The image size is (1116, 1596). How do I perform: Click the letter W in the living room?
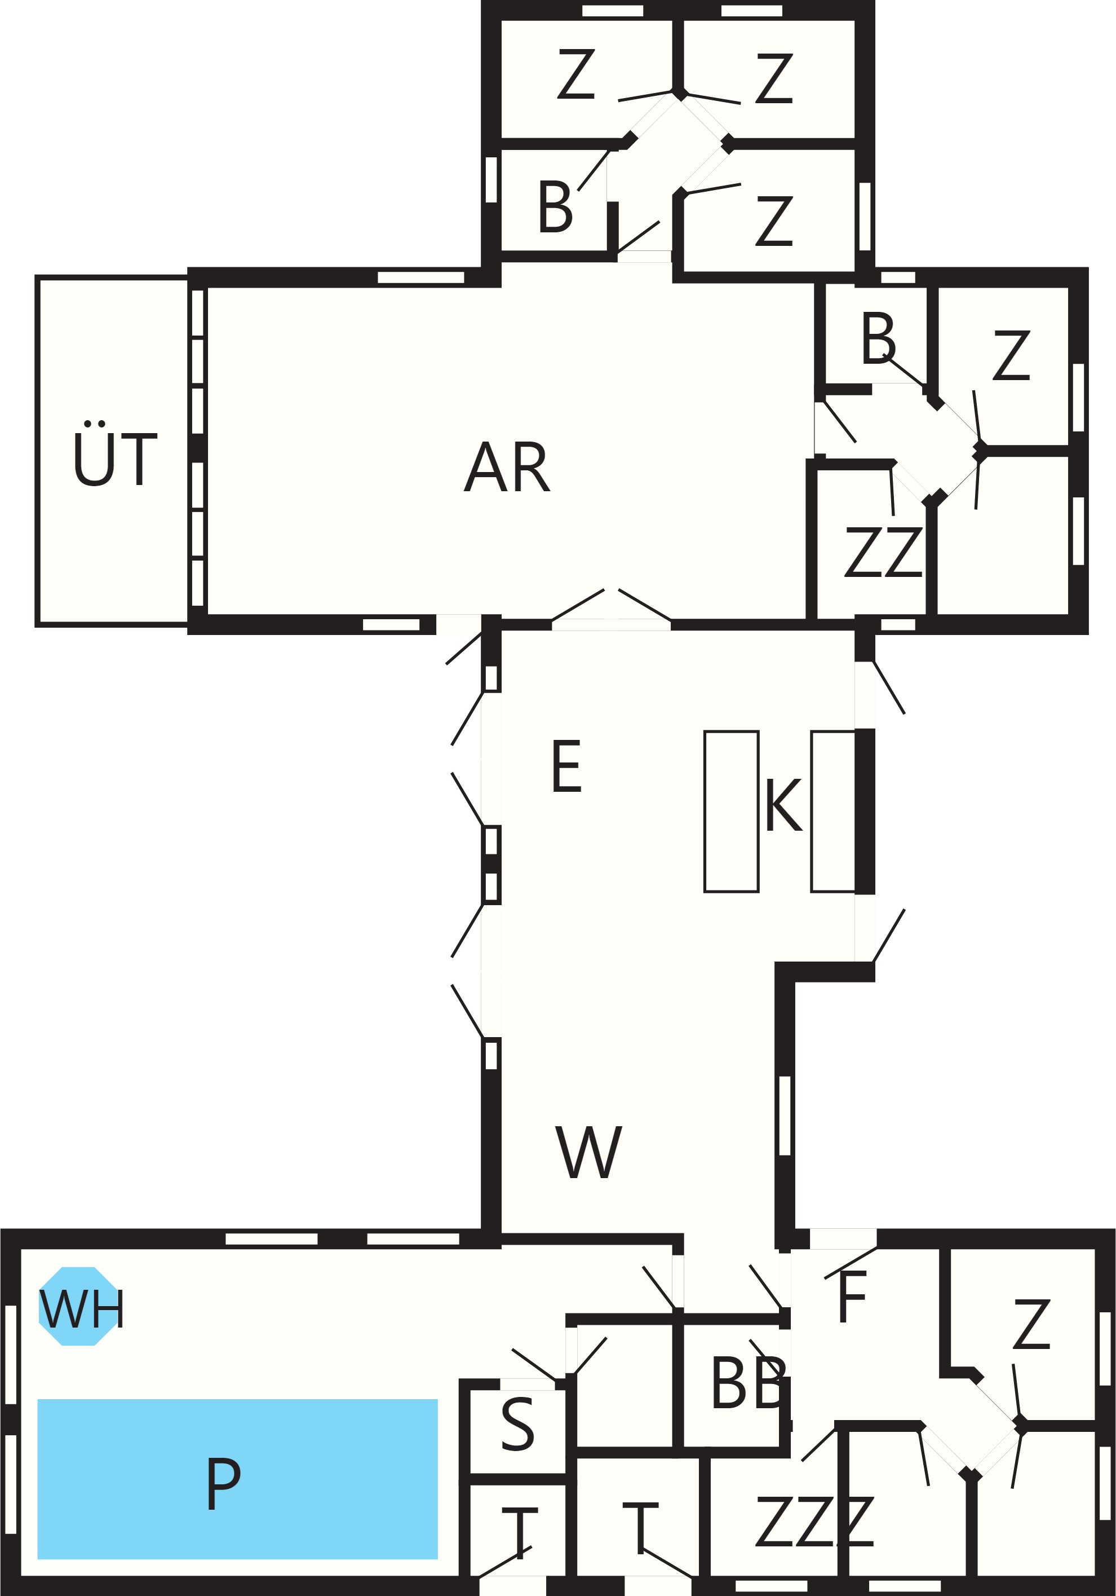tap(588, 1153)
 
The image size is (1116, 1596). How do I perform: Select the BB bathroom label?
tap(749, 1383)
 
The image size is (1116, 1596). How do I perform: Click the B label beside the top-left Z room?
tap(555, 206)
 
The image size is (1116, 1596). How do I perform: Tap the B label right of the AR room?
tap(878, 338)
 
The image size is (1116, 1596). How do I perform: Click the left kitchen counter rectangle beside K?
tap(731, 811)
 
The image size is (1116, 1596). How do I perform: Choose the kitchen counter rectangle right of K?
tap(832, 811)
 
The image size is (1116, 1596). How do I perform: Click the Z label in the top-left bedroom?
tap(576, 74)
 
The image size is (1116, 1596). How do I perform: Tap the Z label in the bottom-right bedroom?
tap(1031, 1324)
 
